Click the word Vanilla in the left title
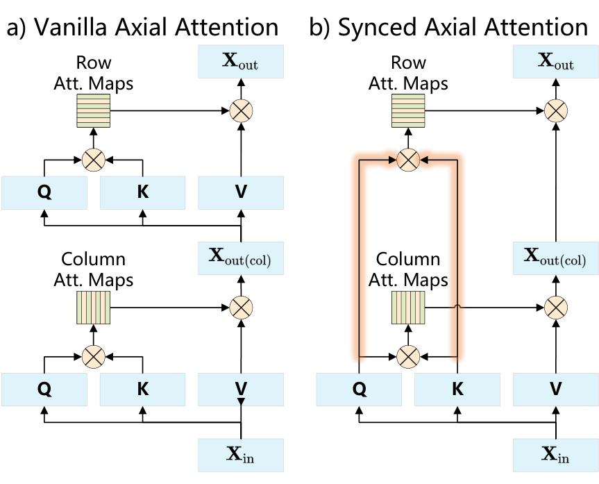pyautogui.click(x=71, y=27)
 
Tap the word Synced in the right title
pyautogui.click(x=378, y=28)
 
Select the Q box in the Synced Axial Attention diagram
pyautogui.click(x=359, y=389)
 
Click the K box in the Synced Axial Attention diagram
pyautogui.click(x=457, y=389)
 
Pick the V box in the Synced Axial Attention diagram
pyautogui.click(x=556, y=389)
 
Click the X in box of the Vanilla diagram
pyautogui.click(x=241, y=455)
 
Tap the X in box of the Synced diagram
pyautogui.click(x=556, y=455)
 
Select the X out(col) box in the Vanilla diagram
pyautogui.click(x=241, y=258)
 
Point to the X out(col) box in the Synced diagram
pyautogui.click(x=556, y=258)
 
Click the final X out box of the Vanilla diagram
pyautogui.click(x=241, y=62)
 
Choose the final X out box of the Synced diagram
pyautogui.click(x=556, y=62)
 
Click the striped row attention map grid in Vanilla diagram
pyautogui.click(x=94, y=111)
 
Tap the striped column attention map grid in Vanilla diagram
pyautogui.click(x=94, y=308)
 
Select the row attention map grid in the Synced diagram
pyautogui.click(x=408, y=111)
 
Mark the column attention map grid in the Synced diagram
pyautogui.click(x=408, y=308)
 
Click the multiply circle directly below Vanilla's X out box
pyautogui.click(x=241, y=111)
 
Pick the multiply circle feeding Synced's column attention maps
pyautogui.click(x=408, y=357)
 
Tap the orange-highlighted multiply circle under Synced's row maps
pyautogui.click(x=408, y=160)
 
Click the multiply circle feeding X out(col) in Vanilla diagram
pyautogui.click(x=241, y=308)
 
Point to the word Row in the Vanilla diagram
pyautogui.click(x=94, y=62)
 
